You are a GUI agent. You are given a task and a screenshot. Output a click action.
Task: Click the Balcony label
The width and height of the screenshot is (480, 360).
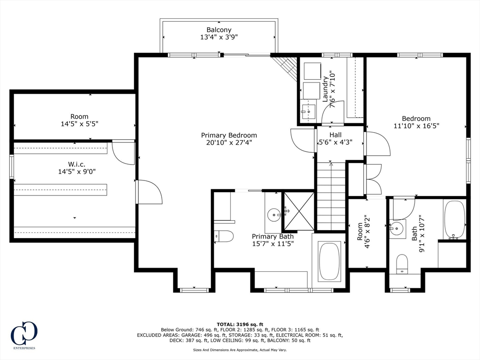click(x=219, y=30)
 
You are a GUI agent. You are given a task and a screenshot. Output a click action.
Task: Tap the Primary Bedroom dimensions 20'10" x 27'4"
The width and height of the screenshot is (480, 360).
click(x=229, y=142)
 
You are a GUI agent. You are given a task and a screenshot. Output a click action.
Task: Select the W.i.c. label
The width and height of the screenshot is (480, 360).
click(x=77, y=165)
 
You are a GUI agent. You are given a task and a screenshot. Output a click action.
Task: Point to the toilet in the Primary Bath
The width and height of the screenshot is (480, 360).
click(x=224, y=236)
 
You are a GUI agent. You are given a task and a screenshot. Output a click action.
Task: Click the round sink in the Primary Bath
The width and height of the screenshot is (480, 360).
click(x=273, y=214)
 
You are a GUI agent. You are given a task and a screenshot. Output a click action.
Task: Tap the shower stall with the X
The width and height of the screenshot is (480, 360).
click(x=299, y=211)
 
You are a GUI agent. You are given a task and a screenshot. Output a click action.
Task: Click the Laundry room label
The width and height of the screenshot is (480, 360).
click(x=325, y=89)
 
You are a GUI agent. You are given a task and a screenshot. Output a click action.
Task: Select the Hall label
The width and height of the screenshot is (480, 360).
click(x=336, y=135)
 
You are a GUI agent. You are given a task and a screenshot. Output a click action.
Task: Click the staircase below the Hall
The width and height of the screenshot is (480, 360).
click(x=331, y=196)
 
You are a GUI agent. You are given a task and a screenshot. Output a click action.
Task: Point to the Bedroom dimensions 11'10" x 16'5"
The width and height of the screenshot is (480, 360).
click(x=416, y=126)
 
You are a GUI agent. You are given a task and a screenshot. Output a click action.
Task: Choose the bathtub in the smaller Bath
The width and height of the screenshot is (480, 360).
click(x=455, y=219)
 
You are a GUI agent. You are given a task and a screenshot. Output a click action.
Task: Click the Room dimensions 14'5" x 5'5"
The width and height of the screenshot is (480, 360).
click(x=80, y=124)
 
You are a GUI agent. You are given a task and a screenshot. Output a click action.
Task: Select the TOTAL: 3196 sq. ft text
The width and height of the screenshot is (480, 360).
click(x=240, y=324)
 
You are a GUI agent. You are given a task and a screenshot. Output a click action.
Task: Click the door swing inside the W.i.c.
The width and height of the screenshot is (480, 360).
click(x=124, y=152)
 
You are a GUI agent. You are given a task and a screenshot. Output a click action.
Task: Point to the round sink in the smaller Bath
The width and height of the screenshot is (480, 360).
click(x=397, y=228)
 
